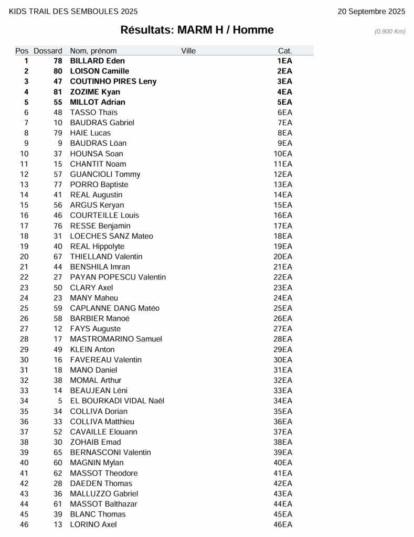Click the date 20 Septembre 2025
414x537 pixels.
click(x=371, y=12)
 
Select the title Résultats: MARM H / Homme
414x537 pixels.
click(x=197, y=30)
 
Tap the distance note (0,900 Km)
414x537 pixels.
click(x=390, y=31)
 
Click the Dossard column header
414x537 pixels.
click(x=48, y=51)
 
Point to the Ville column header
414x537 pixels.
click(x=188, y=51)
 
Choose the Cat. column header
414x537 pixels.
click(x=285, y=51)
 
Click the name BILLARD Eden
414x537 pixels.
click(x=97, y=61)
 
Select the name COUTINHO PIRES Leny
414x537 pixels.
click(x=113, y=81)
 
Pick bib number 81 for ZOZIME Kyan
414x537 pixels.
click(x=58, y=92)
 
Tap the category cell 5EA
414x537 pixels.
click(x=285, y=102)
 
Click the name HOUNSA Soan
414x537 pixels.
click(x=97, y=154)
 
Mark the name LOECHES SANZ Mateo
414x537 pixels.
click(x=111, y=236)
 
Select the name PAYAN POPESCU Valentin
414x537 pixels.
click(x=118, y=277)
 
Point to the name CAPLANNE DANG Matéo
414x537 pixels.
click(x=114, y=308)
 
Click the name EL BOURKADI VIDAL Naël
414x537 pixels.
click(x=117, y=401)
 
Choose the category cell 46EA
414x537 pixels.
click(x=283, y=524)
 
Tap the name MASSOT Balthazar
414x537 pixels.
click(x=103, y=504)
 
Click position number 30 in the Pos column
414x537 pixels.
click(x=24, y=360)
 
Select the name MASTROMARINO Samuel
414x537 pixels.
click(x=116, y=339)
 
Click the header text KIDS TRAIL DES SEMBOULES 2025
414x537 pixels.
click(x=73, y=12)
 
